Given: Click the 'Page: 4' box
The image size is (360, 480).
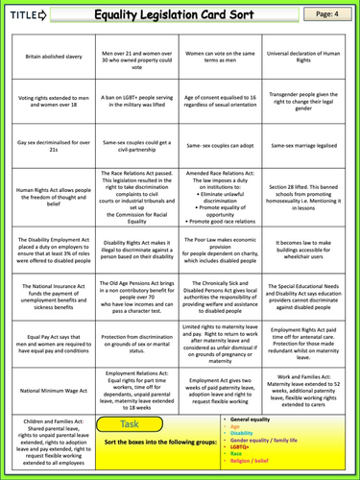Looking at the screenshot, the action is pyautogui.click(x=327, y=13).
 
